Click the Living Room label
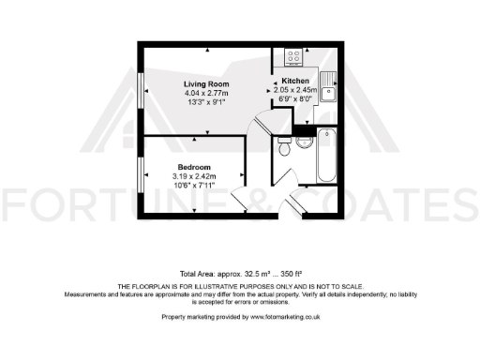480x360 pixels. pos(205,84)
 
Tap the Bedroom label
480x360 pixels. pos(193,167)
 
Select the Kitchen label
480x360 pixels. pos(295,82)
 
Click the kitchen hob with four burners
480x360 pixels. pos(292,56)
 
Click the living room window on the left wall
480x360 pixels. pos(142,95)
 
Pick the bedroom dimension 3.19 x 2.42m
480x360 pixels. pos(194,175)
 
